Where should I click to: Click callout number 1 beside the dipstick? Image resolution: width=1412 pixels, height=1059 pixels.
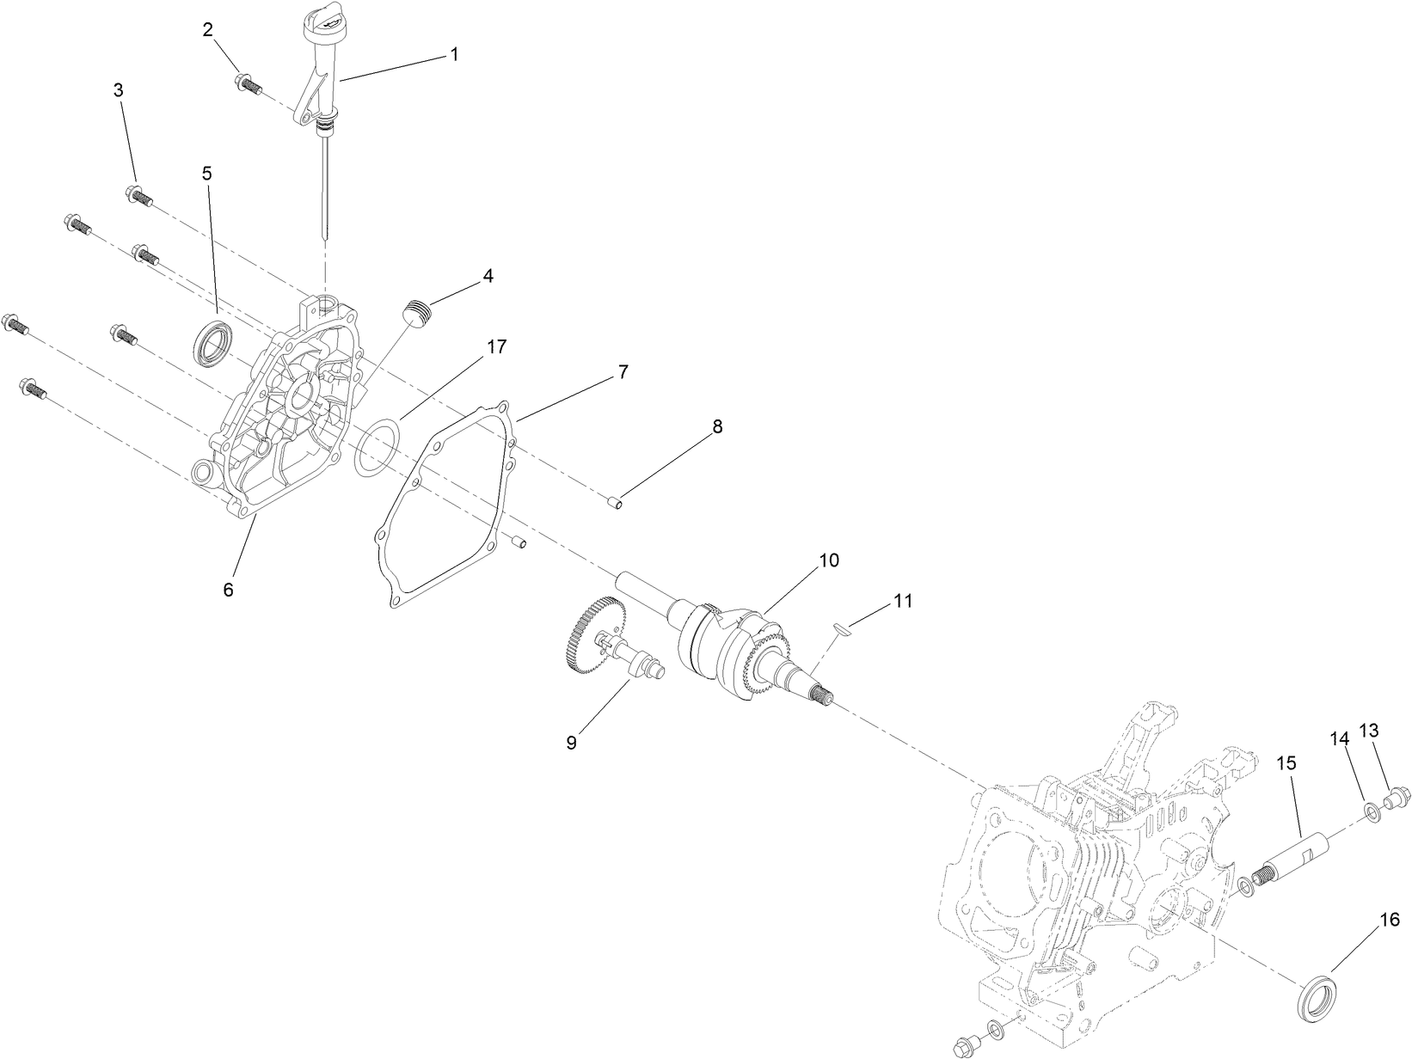454,54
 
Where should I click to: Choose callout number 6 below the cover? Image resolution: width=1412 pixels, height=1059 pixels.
228,590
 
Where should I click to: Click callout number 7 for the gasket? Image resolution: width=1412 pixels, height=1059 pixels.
622,372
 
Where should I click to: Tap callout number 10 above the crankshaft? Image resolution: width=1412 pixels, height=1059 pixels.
828,560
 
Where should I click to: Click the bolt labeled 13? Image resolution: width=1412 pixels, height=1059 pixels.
1395,797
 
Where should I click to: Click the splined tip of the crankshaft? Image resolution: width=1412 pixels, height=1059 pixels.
828,700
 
